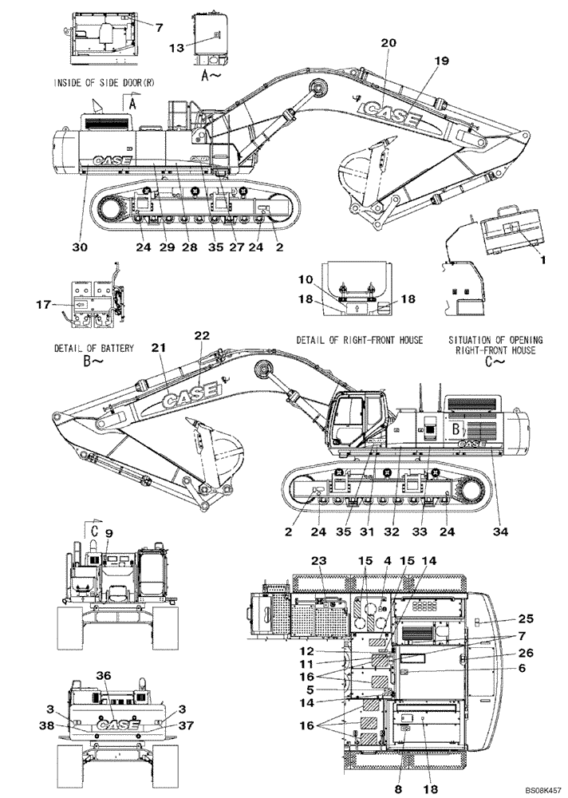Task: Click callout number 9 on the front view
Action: click(108, 533)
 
